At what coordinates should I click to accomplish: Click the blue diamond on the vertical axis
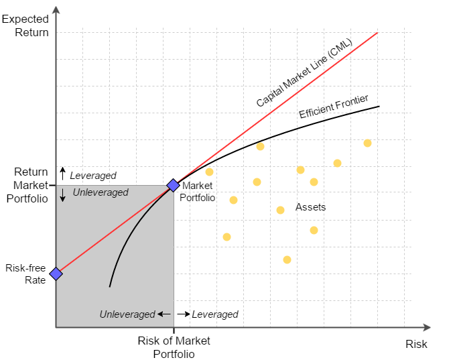pyautogui.click(x=56, y=274)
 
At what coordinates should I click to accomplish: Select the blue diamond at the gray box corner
pyautogui.click(x=173, y=185)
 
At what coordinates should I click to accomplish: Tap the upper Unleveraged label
pyautogui.click(x=101, y=192)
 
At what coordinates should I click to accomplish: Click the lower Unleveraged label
pyautogui.click(x=127, y=314)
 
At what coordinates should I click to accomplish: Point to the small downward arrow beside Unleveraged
pyautogui.click(x=63, y=195)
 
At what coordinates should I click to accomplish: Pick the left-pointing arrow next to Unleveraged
pyautogui.click(x=164, y=314)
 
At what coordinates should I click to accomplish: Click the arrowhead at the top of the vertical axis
pyautogui.click(x=56, y=10)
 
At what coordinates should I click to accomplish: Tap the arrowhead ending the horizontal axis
pyautogui.click(x=426, y=327)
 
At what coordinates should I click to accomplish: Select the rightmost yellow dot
pyautogui.click(x=367, y=143)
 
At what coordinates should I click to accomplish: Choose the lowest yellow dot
pyautogui.click(x=287, y=259)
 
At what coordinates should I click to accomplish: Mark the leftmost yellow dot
pyautogui.click(x=209, y=172)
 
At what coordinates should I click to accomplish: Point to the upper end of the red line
pyautogui.click(x=377, y=32)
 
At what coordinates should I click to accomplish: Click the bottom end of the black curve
pyautogui.click(x=110, y=286)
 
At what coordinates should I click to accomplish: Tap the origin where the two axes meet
pyautogui.click(x=56, y=327)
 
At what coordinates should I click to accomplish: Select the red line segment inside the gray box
pyautogui.click(x=114, y=230)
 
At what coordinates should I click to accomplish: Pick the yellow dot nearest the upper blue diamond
pyautogui.click(x=209, y=172)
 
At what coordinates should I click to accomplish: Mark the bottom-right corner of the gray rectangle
pyautogui.click(x=174, y=326)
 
